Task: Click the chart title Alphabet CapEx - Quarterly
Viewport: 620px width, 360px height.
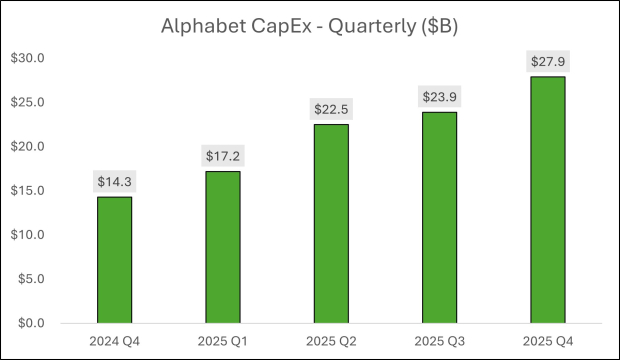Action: [309, 27]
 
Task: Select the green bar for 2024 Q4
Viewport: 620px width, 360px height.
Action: [114, 260]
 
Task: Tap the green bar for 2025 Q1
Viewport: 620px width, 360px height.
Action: [222, 247]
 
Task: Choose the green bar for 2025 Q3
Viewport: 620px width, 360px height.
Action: [439, 218]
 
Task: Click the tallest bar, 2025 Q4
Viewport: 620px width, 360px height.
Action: [548, 200]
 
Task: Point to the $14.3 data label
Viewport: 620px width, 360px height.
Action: [114, 182]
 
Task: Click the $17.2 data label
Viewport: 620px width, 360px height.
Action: [222, 156]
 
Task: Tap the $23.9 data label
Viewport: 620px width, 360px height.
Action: [439, 97]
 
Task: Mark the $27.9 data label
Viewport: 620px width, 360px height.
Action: [548, 62]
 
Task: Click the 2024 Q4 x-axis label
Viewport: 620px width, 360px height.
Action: [114, 341]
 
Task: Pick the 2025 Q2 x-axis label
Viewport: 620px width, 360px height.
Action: [331, 341]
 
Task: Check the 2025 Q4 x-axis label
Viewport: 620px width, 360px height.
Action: [548, 341]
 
